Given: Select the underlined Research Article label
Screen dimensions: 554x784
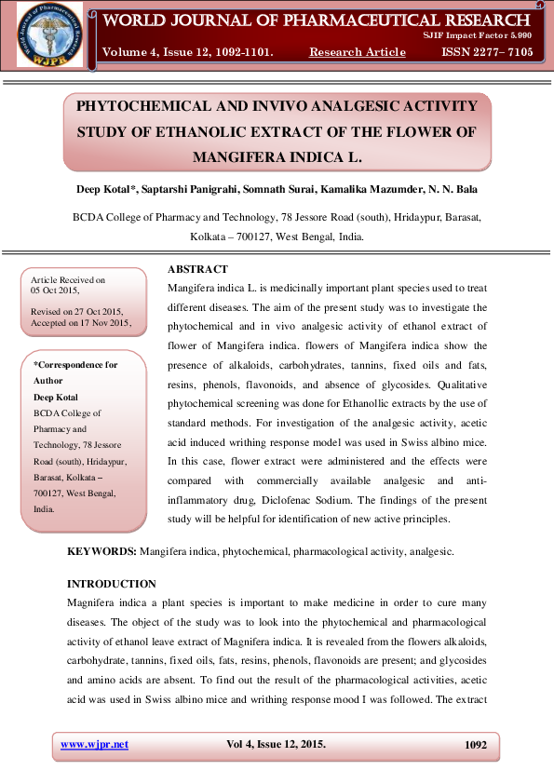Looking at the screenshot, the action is tap(358, 52).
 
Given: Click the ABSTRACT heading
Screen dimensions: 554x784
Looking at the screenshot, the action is tap(196, 269).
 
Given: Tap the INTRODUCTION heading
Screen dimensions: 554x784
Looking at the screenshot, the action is tap(113, 584).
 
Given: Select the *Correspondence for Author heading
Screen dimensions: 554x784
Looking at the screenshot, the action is tap(74, 372).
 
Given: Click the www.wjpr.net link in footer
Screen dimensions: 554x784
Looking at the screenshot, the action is tap(94, 744).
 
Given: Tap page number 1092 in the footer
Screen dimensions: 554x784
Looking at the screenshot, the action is tap(475, 745).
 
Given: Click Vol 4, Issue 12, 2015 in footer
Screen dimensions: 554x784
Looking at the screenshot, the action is tap(277, 744).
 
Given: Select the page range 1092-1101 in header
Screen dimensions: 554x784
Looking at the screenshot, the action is tap(241, 52).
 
